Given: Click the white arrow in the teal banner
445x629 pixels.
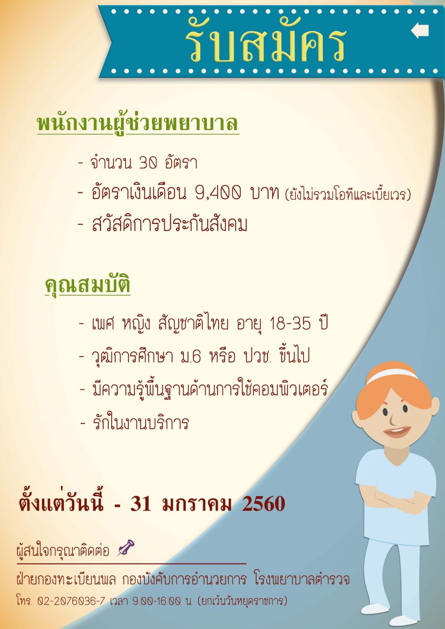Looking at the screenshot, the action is click(x=419, y=31).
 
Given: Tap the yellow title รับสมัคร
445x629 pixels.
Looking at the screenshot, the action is click(x=265, y=41).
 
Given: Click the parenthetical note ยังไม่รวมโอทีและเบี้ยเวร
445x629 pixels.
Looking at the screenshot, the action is click(x=348, y=194).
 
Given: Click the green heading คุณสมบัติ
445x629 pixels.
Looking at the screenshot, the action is click(x=87, y=286).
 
